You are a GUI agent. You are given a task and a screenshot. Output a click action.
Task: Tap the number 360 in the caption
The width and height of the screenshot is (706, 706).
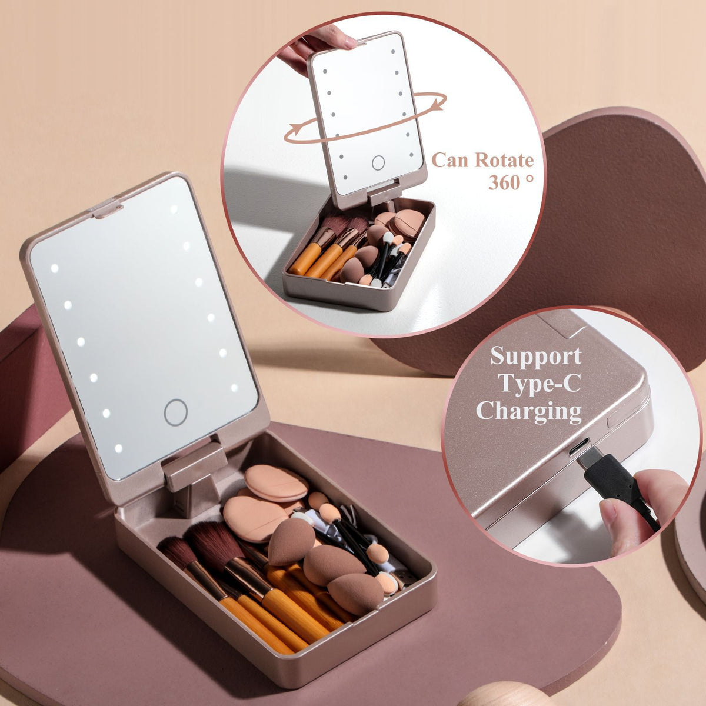click(504, 182)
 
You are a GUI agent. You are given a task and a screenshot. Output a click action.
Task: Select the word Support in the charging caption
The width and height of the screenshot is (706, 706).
click(535, 357)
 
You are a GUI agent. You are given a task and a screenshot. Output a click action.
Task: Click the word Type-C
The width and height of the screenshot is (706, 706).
click(539, 383)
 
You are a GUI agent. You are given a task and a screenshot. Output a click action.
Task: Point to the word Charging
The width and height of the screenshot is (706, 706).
click(529, 411)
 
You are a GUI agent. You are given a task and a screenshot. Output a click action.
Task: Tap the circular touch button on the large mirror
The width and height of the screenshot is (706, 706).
click(175, 412)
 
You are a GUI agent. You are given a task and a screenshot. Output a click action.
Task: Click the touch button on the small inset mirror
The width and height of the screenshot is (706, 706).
click(378, 163)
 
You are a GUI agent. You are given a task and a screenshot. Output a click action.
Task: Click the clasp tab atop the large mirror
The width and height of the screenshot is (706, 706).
click(106, 208)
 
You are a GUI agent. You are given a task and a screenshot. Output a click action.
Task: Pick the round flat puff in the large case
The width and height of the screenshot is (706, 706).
click(276, 482)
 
